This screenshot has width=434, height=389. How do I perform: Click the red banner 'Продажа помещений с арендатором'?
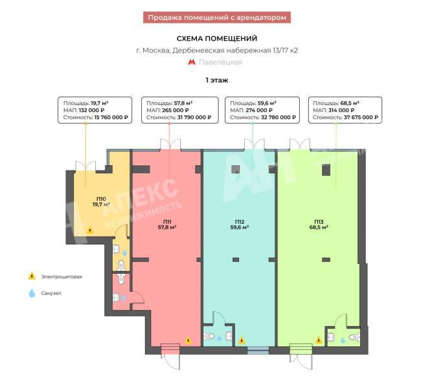[217, 18]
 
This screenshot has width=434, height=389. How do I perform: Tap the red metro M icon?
[192, 62]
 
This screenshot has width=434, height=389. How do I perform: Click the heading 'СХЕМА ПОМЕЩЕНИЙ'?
[217, 38]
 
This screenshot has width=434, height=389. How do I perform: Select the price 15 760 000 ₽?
[111, 117]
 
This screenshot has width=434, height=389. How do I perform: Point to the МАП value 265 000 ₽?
[175, 110]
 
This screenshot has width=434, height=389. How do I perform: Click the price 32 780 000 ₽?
[278, 117]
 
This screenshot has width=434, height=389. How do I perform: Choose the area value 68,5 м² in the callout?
[350, 103]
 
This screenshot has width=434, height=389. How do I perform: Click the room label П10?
[101, 199]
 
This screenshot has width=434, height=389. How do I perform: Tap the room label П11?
[167, 222]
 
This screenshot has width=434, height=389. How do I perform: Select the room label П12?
[240, 222]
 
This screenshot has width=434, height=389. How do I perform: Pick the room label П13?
[319, 222]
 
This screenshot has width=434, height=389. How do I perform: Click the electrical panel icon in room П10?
[90, 230]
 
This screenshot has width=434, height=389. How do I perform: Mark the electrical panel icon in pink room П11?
[188, 340]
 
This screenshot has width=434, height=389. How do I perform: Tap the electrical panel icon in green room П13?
[319, 340]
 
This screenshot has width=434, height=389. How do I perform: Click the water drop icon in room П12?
[219, 338]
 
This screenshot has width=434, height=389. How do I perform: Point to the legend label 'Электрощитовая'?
[62, 276]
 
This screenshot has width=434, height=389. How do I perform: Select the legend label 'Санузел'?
[51, 293]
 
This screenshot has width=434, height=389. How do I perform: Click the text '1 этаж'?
[217, 80]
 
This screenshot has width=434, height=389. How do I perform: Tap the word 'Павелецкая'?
[220, 62]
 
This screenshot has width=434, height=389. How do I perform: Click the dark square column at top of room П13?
[326, 170]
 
